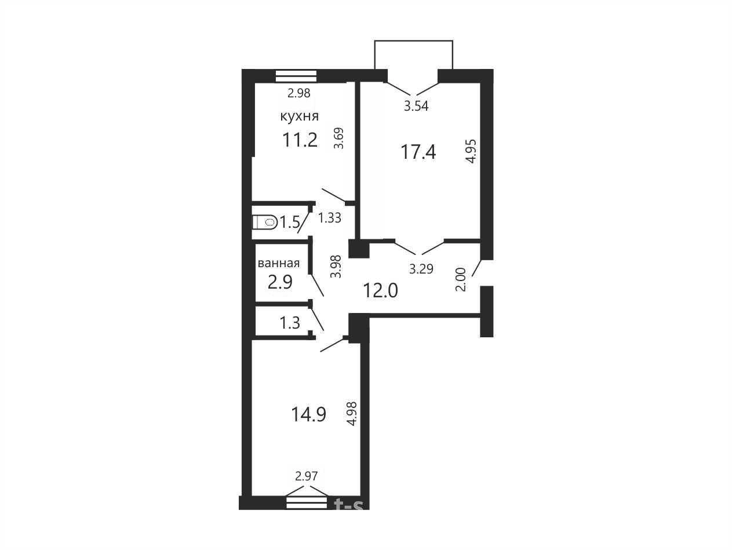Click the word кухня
(x=300, y=116)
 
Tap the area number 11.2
(x=300, y=140)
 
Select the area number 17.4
(x=418, y=152)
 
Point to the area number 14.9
(x=308, y=414)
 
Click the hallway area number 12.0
(x=380, y=290)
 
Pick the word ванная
(x=279, y=263)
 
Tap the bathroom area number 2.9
(x=280, y=282)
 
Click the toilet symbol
(x=265, y=222)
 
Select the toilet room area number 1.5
(x=290, y=223)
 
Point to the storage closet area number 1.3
(x=290, y=323)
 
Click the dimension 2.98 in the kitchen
(x=299, y=93)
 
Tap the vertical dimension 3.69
(x=339, y=138)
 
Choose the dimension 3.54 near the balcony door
(x=416, y=106)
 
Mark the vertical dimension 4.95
(x=471, y=151)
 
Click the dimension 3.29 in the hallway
(x=421, y=269)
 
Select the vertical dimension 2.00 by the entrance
(x=461, y=279)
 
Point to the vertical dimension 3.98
(x=336, y=267)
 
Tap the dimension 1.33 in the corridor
(x=329, y=218)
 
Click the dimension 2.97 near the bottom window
(x=307, y=476)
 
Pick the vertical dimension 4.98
(x=352, y=414)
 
